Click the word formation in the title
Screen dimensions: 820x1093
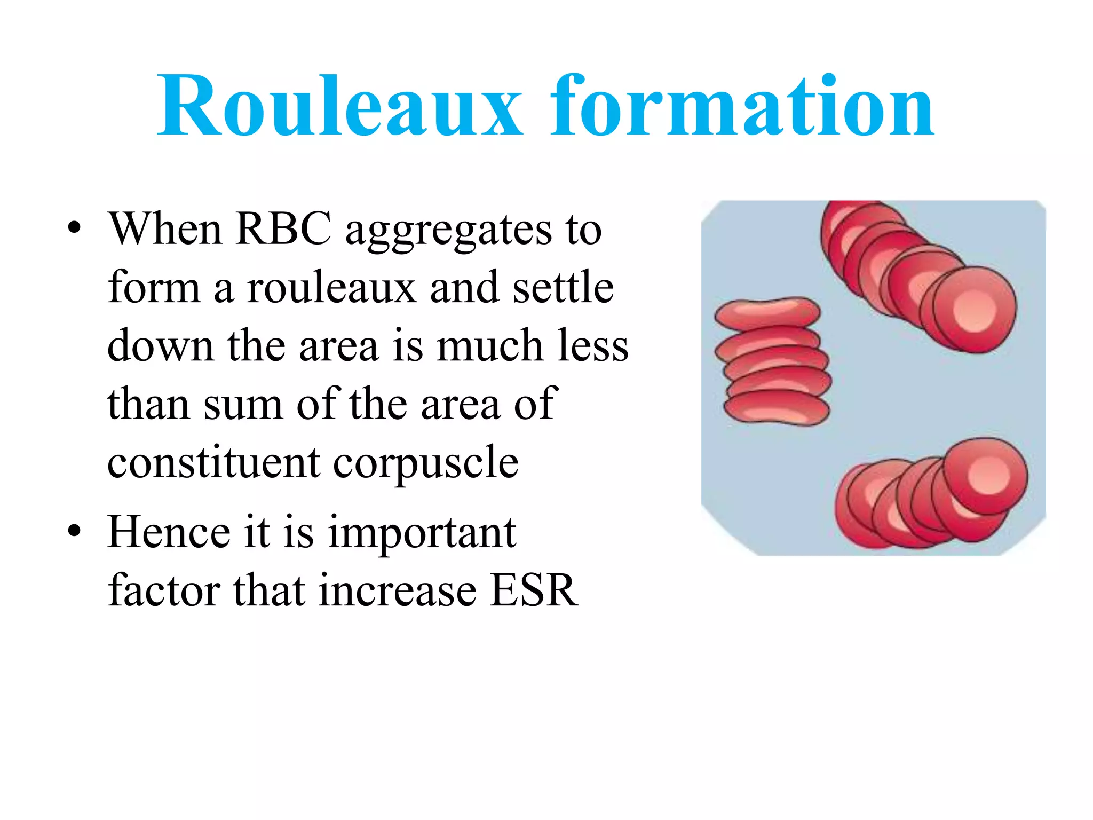pyautogui.click(x=742, y=107)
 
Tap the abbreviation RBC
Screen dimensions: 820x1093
pyautogui.click(x=283, y=230)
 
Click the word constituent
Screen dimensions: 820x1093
pyautogui.click(x=213, y=462)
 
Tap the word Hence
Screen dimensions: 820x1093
pyautogui.click(x=169, y=532)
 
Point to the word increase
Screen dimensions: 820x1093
pyautogui.click(x=397, y=590)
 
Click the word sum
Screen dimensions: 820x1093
pyautogui.click(x=243, y=405)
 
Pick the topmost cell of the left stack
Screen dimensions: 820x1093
pyautogui.click(x=767, y=313)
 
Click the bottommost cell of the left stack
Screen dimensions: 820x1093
pyautogui.click(x=777, y=409)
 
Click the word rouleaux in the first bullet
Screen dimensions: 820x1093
pyautogui.click(x=331, y=288)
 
